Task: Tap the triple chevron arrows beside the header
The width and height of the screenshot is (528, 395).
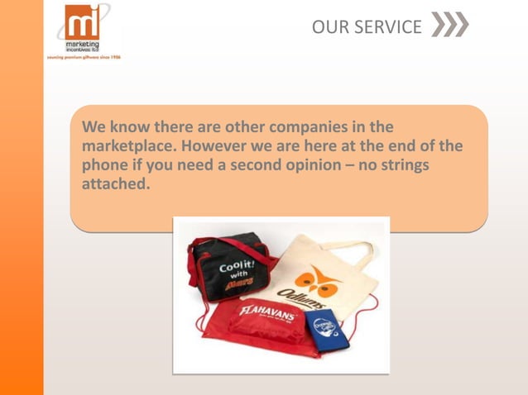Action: (x=449, y=26)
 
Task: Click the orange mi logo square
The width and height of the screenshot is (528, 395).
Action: (x=81, y=21)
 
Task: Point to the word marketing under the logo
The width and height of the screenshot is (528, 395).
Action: (x=84, y=44)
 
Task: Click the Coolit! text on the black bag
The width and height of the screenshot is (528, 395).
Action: (x=236, y=271)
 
